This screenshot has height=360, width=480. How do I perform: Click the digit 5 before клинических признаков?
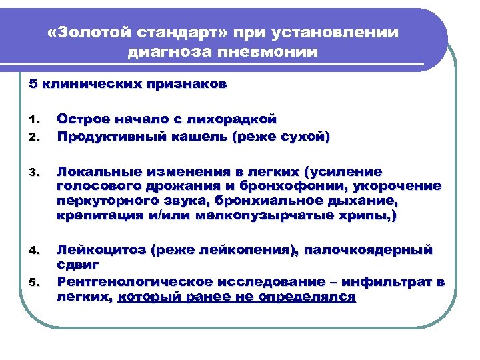pyautogui.click(x=33, y=85)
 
